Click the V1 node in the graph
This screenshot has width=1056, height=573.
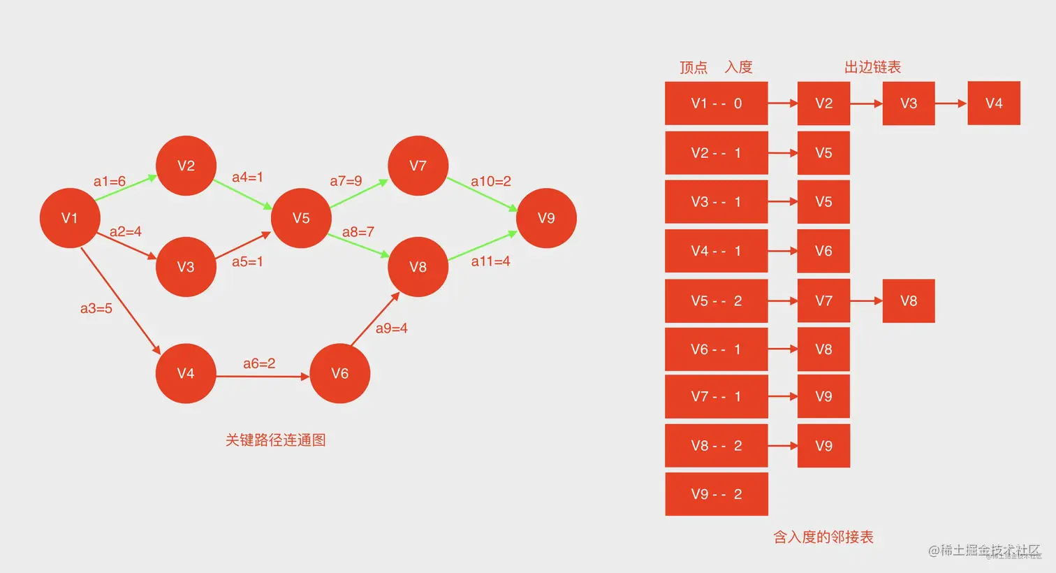click(70, 218)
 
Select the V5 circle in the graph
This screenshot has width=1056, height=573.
click(301, 218)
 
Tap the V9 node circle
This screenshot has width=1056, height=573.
click(546, 218)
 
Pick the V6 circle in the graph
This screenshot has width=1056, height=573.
click(339, 373)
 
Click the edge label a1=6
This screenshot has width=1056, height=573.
click(110, 182)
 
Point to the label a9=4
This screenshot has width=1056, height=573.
click(391, 328)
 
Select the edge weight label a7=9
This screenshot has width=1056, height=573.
click(346, 181)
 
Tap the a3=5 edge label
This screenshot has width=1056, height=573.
click(96, 308)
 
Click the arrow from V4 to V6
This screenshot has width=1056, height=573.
click(263, 377)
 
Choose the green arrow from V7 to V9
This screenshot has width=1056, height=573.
click(482, 194)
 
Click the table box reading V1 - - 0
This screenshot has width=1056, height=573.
click(716, 103)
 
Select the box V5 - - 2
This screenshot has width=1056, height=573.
click(716, 301)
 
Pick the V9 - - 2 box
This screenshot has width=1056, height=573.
click(716, 494)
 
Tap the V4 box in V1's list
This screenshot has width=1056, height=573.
click(993, 103)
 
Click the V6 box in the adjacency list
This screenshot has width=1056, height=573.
click(823, 251)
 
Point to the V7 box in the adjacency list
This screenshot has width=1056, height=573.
click(823, 301)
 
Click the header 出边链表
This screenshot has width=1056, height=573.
click(872, 67)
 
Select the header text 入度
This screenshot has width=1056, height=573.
click(738, 67)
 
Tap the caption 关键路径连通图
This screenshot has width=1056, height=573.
click(275, 440)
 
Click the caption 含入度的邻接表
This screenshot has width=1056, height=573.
click(823, 537)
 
